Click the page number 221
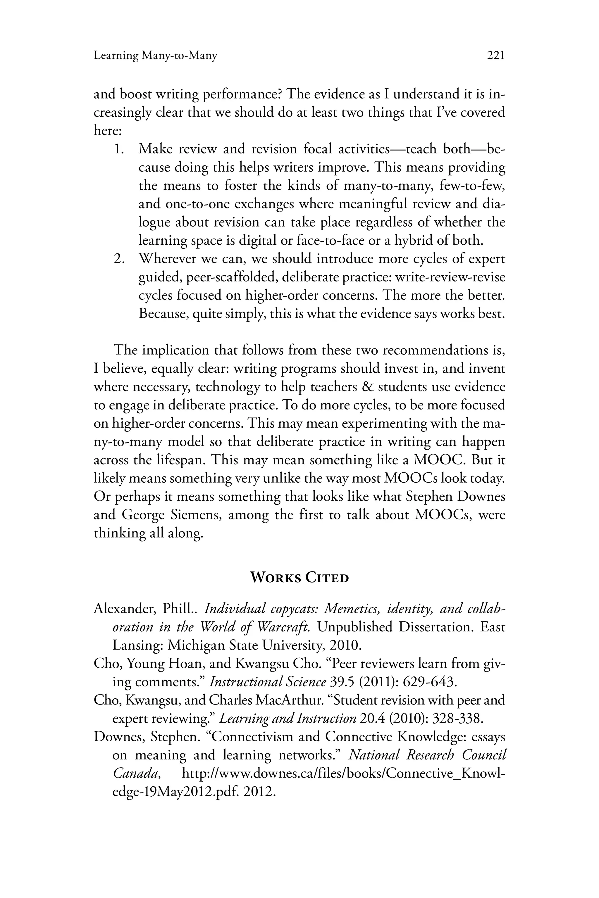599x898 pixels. point(496,56)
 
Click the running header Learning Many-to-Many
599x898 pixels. point(156,56)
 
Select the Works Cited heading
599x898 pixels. point(299,578)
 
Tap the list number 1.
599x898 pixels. point(119,148)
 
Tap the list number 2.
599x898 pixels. point(119,259)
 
